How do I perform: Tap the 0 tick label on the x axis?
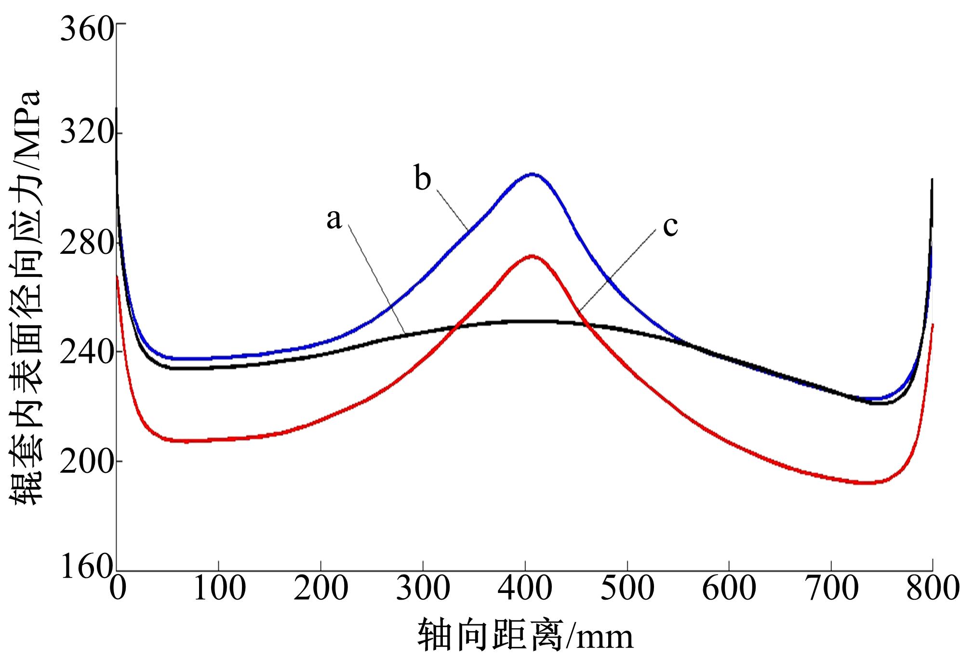click(117, 588)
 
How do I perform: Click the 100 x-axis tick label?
click(219, 588)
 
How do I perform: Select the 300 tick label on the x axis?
click(423, 588)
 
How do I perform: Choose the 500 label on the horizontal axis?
click(627, 588)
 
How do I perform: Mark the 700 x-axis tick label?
click(831, 588)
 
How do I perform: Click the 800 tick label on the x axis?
click(933, 588)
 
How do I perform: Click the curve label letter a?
click(334, 220)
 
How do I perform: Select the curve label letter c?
click(670, 226)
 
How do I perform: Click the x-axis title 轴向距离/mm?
click(525, 635)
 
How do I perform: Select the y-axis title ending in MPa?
click(25, 297)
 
